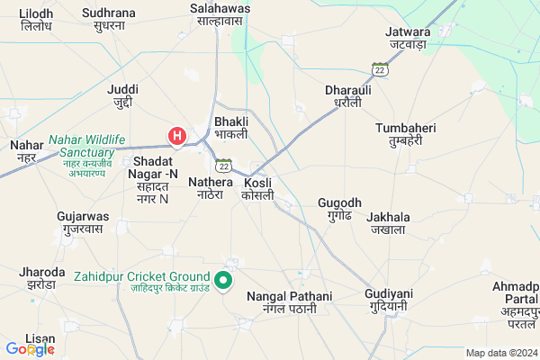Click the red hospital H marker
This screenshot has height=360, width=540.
point(178,137)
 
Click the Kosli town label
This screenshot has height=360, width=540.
point(258,189)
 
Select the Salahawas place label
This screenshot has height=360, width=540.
point(220,14)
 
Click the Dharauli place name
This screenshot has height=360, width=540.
point(347,96)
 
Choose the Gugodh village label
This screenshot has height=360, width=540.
point(339,210)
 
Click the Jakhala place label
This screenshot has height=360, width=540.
point(388,223)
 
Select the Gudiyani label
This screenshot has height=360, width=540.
point(387,300)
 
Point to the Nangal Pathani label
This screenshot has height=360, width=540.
point(284,302)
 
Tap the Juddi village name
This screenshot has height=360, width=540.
point(122,96)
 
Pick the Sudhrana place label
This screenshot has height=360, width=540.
point(108,19)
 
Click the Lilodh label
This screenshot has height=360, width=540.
point(35,21)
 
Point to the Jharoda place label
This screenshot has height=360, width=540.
point(40,277)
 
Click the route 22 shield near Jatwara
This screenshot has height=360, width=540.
point(381,69)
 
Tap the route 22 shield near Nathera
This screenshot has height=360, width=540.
point(223,165)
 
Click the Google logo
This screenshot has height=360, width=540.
point(30,349)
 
